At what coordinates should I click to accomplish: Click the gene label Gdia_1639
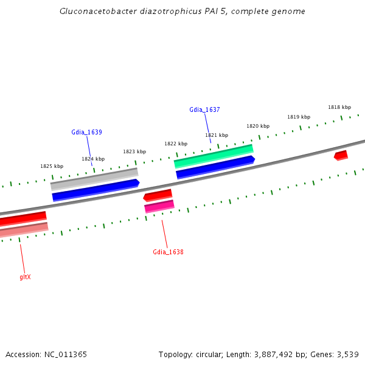tap(86, 132)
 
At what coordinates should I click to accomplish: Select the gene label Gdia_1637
tap(204, 109)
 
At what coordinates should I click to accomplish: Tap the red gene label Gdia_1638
tap(168, 252)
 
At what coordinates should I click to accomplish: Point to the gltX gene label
tap(25, 277)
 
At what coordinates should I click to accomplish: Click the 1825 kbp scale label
tap(52, 166)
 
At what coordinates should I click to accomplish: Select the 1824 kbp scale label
tap(93, 159)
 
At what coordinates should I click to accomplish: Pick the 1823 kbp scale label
tap(134, 151)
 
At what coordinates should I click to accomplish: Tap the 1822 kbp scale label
tap(176, 144)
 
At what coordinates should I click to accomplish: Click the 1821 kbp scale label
tap(217, 135)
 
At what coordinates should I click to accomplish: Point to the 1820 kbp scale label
tap(258, 126)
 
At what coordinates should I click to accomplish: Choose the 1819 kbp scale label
tap(299, 117)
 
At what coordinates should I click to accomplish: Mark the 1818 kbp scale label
tap(339, 107)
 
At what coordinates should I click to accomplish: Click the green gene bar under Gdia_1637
tap(214, 156)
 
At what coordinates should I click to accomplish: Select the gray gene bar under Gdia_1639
tap(94, 178)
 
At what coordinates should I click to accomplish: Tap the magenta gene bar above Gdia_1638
tap(159, 206)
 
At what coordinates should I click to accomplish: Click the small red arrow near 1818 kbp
tap(341, 156)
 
